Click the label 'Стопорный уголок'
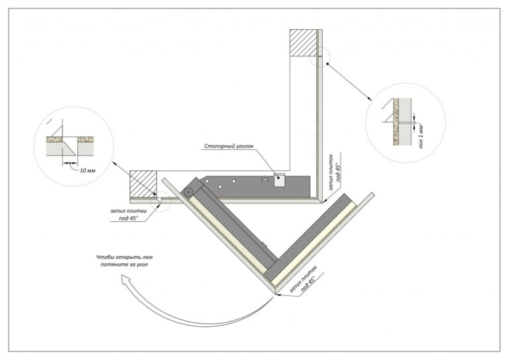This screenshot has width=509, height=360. pos(228,146)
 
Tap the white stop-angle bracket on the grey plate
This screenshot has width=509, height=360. pos(279,180)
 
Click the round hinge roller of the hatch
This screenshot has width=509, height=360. pos(188,192)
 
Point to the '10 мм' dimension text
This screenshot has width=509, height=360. pos(87,170)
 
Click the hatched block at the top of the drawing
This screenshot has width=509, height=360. pos(303,43)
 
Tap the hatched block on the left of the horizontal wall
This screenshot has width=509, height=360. pos(143,184)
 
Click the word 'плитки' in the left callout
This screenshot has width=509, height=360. pos(138,211)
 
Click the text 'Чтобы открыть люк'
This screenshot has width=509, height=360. pos(125,257)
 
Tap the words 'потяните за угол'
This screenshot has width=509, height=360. pos(125,265)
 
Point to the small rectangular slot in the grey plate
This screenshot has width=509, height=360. pos(265,179)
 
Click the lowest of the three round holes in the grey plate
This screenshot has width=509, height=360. pos(220,187)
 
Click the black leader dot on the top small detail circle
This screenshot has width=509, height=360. pos(327,64)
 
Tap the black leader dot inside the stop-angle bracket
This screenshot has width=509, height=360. pos(278,178)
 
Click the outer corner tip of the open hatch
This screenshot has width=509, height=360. pos(275,294)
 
